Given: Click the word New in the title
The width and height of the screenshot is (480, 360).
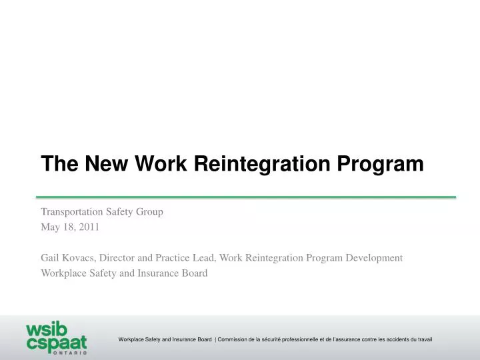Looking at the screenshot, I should pyautogui.click(x=105, y=163).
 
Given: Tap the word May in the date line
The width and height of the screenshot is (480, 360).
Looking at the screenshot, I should pyautogui.click(x=51, y=227).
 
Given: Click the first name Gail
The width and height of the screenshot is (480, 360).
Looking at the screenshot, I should pyautogui.click(x=51, y=257).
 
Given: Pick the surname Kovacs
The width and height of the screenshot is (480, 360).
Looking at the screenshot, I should pyautogui.click(x=81, y=257).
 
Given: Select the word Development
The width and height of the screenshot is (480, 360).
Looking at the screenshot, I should pyautogui.click(x=374, y=257).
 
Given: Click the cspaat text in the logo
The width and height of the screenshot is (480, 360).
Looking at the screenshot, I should pyautogui.click(x=56, y=343).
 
